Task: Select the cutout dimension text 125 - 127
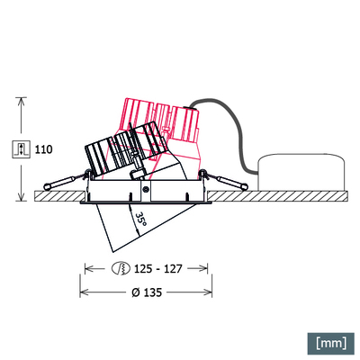tap(158, 268)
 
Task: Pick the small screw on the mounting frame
tap(145, 190)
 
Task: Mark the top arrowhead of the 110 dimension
tap(20, 101)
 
